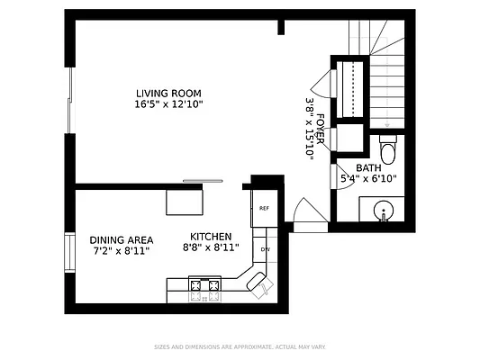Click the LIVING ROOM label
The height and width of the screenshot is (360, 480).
click(168, 93)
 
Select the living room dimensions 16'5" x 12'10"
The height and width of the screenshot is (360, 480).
click(168, 104)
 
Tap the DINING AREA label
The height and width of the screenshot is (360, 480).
click(122, 239)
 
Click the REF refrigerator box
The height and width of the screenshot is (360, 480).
click(265, 209)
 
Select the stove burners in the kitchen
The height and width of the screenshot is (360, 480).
click(204, 289)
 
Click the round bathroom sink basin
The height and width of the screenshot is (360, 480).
click(385, 212)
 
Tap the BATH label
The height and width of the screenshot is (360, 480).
click(368, 168)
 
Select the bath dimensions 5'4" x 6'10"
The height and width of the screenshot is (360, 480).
click(368, 178)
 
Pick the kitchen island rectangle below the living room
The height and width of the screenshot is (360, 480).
click(185, 202)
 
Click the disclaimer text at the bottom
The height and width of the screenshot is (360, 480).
click(240, 346)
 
